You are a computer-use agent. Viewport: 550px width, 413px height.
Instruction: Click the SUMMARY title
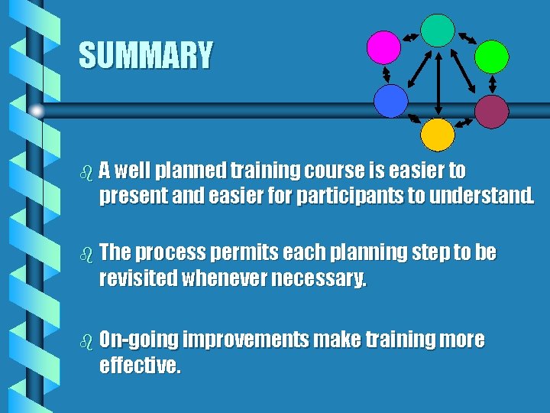pos(146,56)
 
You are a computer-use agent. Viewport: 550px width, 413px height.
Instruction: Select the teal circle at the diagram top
pos(438,30)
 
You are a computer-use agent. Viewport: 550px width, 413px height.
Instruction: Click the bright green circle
pos(491,56)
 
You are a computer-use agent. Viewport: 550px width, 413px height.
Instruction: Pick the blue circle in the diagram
pos(390,100)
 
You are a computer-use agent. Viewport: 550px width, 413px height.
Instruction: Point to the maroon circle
pos(491,110)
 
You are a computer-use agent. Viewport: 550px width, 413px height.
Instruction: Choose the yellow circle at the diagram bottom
pos(438,135)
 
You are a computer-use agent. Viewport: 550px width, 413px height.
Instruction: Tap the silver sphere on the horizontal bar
pos(37,111)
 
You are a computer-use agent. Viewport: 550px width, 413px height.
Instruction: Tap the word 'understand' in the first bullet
pos(477,196)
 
